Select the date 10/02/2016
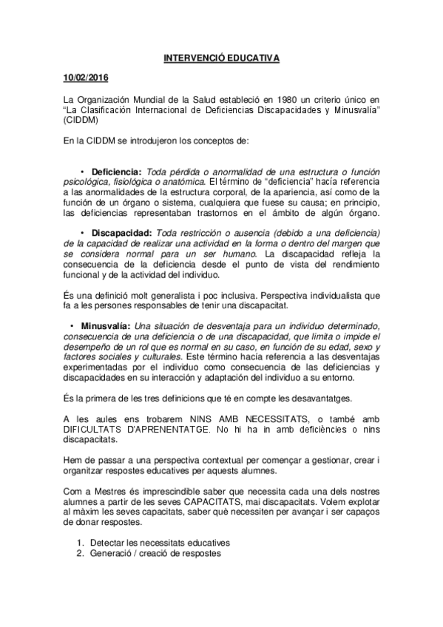(x=85, y=78)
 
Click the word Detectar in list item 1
(x=111, y=542)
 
